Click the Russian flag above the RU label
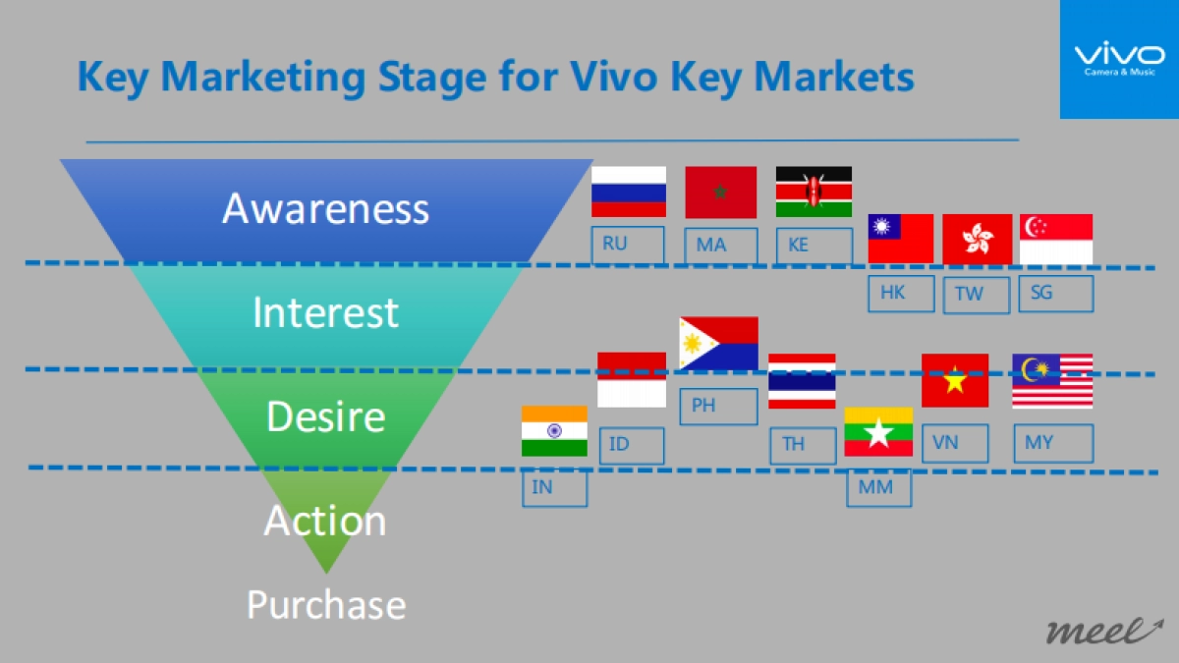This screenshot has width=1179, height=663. pyautogui.click(x=629, y=192)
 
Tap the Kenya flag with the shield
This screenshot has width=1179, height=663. pyautogui.click(x=814, y=192)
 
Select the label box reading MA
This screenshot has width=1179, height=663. pyautogui.click(x=721, y=246)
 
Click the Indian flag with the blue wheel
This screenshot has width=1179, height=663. pyautogui.click(x=554, y=431)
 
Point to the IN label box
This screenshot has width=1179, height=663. pyautogui.click(x=554, y=488)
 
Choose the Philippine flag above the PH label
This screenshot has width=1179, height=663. pyautogui.click(x=718, y=343)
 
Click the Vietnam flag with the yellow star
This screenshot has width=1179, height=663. pyautogui.click(x=955, y=380)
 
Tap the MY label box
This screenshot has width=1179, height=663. pyautogui.click(x=1053, y=443)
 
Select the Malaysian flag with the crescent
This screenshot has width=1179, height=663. pyautogui.click(x=1052, y=381)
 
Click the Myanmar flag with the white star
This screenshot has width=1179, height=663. pyautogui.click(x=878, y=432)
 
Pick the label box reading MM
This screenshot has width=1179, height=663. pyautogui.click(x=878, y=488)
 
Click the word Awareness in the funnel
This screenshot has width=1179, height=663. pyautogui.click(x=325, y=209)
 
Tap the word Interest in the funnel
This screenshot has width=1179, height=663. pyautogui.click(x=325, y=313)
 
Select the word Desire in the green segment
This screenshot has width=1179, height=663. pyautogui.click(x=325, y=417)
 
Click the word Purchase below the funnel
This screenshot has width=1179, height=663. pyautogui.click(x=325, y=605)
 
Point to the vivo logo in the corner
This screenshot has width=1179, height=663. pyautogui.click(x=1118, y=59)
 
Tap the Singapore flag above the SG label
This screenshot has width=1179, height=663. pyautogui.click(x=1056, y=239)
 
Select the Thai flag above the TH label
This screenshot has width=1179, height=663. pyautogui.click(x=802, y=381)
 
